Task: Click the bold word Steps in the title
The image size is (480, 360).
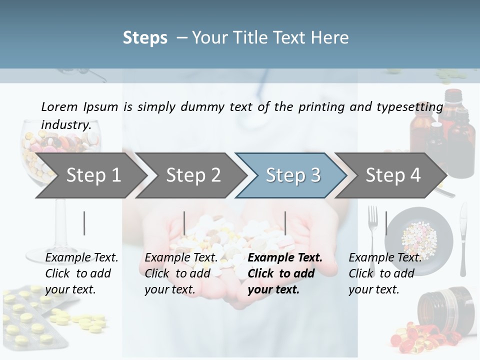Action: point(145,37)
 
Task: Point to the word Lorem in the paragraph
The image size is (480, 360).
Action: point(59,106)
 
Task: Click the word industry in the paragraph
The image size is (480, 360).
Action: point(65,124)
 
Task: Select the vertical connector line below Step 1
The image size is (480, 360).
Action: point(84,223)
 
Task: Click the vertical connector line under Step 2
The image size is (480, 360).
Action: point(184,223)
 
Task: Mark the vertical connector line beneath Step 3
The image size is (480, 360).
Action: point(285,223)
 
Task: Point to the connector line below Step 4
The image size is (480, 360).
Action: point(386,223)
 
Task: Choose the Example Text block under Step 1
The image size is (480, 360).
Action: point(81,273)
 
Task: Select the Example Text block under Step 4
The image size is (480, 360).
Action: point(384,273)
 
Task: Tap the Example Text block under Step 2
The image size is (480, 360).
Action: point(181,273)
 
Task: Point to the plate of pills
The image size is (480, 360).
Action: point(419,234)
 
